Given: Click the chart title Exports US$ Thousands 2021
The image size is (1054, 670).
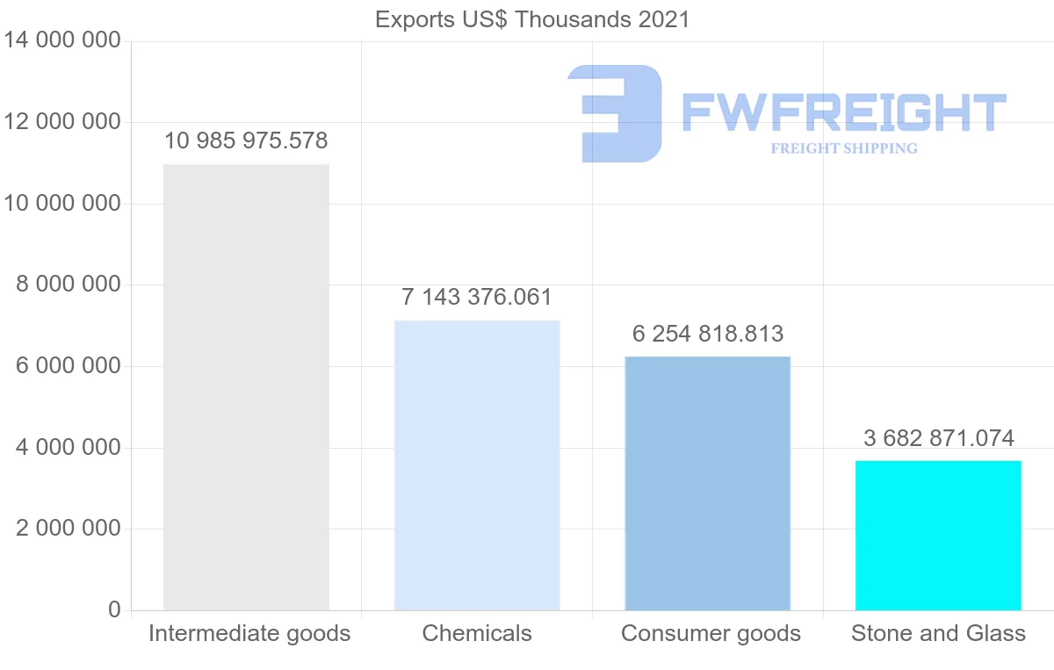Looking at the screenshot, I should coord(532,19).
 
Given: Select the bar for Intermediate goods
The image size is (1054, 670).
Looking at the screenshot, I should coord(246,386).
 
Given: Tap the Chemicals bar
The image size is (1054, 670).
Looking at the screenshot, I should coord(477,465).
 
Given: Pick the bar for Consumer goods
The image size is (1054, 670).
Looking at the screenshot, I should coord(707,483).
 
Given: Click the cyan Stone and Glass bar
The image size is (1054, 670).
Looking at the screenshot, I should coord(938,535).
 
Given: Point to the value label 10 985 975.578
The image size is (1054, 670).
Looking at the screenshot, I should coord(246,140).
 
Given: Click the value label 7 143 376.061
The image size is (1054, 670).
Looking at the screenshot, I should coord(477,298).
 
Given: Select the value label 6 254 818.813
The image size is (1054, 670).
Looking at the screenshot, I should coord(708,335).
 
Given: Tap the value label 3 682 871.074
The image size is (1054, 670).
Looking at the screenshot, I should coord(939,438).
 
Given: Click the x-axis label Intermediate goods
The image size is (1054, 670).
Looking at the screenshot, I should coord(249,633).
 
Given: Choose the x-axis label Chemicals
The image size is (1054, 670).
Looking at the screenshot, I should coord(477,633).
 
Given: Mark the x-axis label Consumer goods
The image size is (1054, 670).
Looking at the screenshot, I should coord(711,633).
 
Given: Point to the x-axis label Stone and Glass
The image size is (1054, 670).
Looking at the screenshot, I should coord(938,633).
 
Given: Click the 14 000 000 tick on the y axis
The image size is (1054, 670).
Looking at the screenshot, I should coord(62,40).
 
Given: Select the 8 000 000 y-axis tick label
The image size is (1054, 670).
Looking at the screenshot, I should coord(69,285).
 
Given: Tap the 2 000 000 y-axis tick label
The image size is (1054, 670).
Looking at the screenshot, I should coord(69,529).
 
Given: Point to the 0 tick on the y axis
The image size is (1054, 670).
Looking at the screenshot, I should coord(114,609).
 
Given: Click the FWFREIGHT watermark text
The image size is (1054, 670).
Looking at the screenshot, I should coord(843,112).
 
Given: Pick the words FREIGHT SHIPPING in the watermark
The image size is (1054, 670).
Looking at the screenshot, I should coord(843,148).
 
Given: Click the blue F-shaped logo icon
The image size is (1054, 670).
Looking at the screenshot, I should coord(615,112).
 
